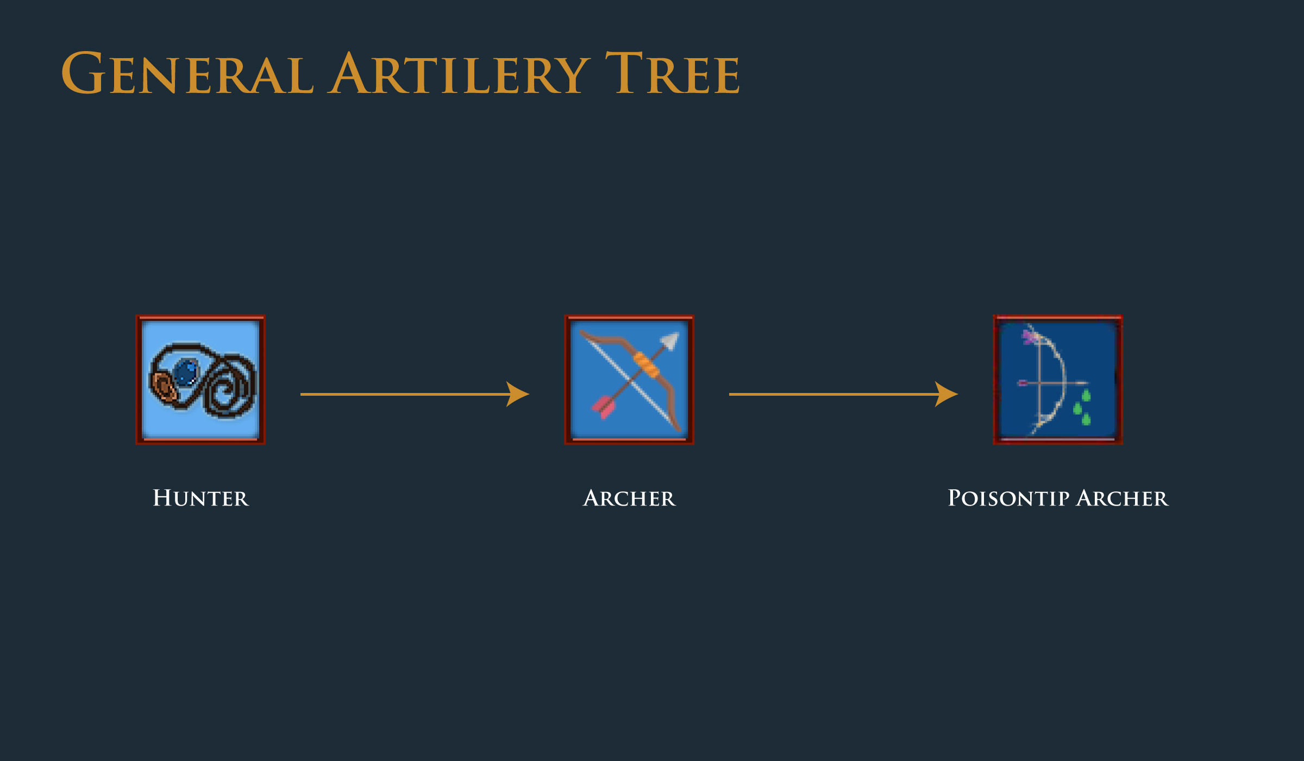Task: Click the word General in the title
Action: coord(187,73)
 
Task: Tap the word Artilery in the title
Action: coord(458,73)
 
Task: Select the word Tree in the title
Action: coord(672,73)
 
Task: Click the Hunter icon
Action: coord(200,379)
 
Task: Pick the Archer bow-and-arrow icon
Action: coord(629,379)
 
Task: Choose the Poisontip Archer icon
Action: coord(1058,379)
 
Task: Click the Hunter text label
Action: coord(200,498)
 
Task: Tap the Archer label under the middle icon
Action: coord(629,498)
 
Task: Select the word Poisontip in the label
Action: coord(1008,498)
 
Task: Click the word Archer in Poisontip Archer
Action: coord(1122,498)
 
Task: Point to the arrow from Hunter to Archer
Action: coord(415,394)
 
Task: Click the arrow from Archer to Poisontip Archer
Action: coord(843,394)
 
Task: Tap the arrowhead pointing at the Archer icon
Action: coord(518,394)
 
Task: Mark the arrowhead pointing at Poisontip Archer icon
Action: coord(946,394)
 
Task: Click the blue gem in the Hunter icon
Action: coord(186,373)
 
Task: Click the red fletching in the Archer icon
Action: coord(603,407)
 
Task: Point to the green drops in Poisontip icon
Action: coord(1082,407)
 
